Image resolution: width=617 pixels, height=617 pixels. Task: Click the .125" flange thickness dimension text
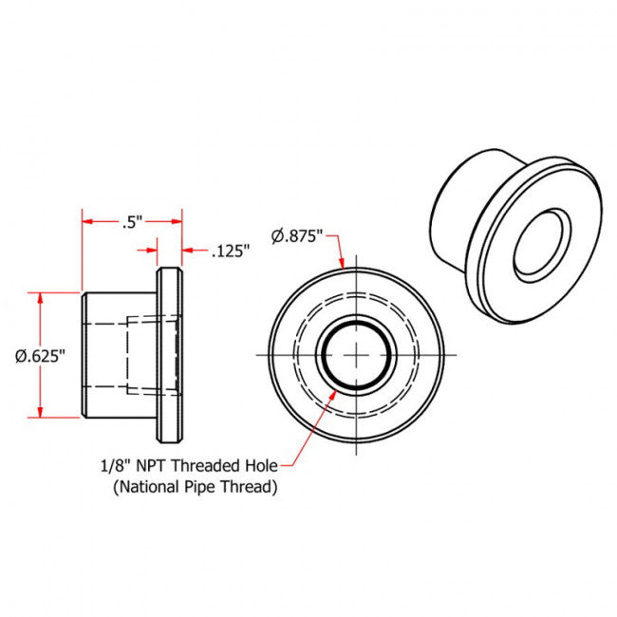click(x=231, y=252)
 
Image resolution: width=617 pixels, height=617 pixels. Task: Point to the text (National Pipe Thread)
click(x=195, y=488)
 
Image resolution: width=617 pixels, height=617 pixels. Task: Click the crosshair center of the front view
click(x=356, y=354)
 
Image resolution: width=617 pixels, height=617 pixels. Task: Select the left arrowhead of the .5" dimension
click(x=87, y=221)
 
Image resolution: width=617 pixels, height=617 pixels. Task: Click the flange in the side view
click(x=169, y=355)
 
